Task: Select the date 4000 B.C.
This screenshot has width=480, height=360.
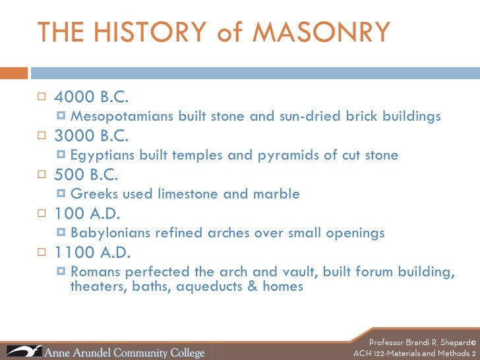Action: tap(91, 98)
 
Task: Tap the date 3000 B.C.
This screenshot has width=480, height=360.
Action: tap(91, 136)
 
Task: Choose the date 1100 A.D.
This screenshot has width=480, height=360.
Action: tap(92, 253)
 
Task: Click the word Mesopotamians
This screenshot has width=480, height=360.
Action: tap(122, 117)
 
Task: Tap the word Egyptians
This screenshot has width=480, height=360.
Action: tap(102, 156)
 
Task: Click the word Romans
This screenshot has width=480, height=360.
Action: tap(94, 272)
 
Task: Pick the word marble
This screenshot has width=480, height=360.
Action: tap(277, 195)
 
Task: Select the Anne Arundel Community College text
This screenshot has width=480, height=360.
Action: tap(124, 352)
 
